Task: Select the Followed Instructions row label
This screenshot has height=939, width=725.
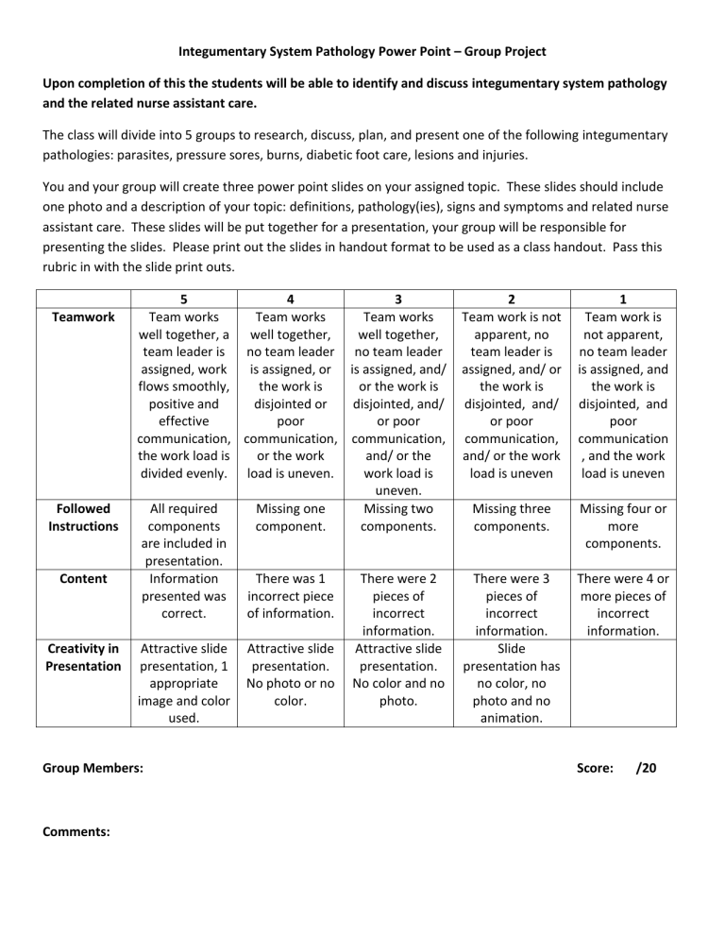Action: (83, 517)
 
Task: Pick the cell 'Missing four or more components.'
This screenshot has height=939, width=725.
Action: (623, 526)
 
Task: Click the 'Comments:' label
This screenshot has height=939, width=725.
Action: (76, 832)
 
